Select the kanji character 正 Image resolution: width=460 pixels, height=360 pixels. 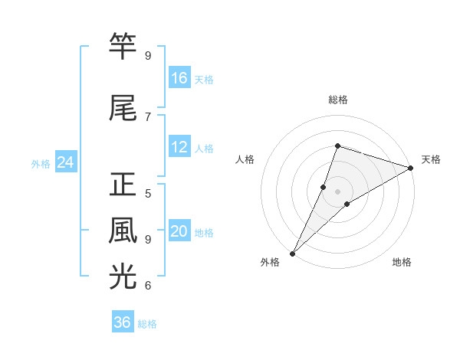point(123,185)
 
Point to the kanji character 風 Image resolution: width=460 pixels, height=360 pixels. point(123,231)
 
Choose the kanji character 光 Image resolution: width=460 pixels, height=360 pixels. point(123,277)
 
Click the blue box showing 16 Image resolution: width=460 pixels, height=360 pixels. point(179,78)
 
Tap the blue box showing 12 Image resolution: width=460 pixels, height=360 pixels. point(179,147)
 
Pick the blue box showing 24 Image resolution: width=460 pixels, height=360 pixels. point(66,162)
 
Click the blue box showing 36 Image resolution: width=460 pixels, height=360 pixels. point(123,322)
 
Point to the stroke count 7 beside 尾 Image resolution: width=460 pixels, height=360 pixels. point(148,116)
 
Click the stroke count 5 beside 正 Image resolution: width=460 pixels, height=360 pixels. point(148,193)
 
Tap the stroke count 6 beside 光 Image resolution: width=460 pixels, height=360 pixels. point(148,285)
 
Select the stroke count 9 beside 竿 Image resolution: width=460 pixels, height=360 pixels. point(148,55)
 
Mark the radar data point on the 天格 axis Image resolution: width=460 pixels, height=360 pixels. point(410,168)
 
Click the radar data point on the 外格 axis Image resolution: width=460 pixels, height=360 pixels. point(292,253)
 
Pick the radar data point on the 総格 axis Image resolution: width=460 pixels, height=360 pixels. point(337,146)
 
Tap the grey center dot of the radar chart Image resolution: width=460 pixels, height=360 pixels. point(337,191)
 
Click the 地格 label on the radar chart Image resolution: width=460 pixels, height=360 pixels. point(402,263)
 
